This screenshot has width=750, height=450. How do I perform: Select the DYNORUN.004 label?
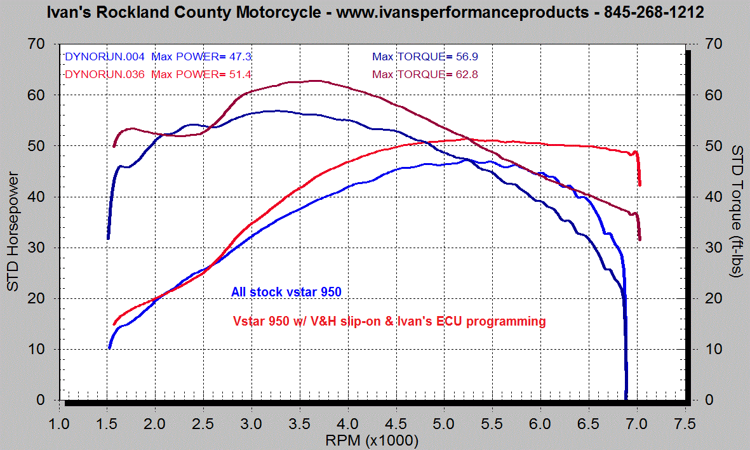click(105, 56)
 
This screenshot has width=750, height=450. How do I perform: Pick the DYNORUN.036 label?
click(105, 74)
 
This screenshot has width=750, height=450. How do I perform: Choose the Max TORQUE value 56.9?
click(467, 56)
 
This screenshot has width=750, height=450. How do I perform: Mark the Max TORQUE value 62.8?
click(467, 74)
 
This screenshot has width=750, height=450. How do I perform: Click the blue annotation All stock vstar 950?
click(286, 293)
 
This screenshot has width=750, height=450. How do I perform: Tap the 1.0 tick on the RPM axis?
click(59, 423)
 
